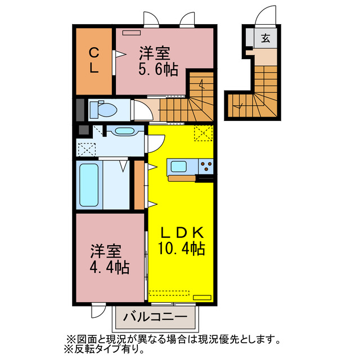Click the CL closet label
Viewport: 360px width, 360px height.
tap(94, 61)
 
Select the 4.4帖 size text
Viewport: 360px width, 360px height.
tap(109, 267)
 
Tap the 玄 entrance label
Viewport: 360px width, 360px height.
tap(265, 39)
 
